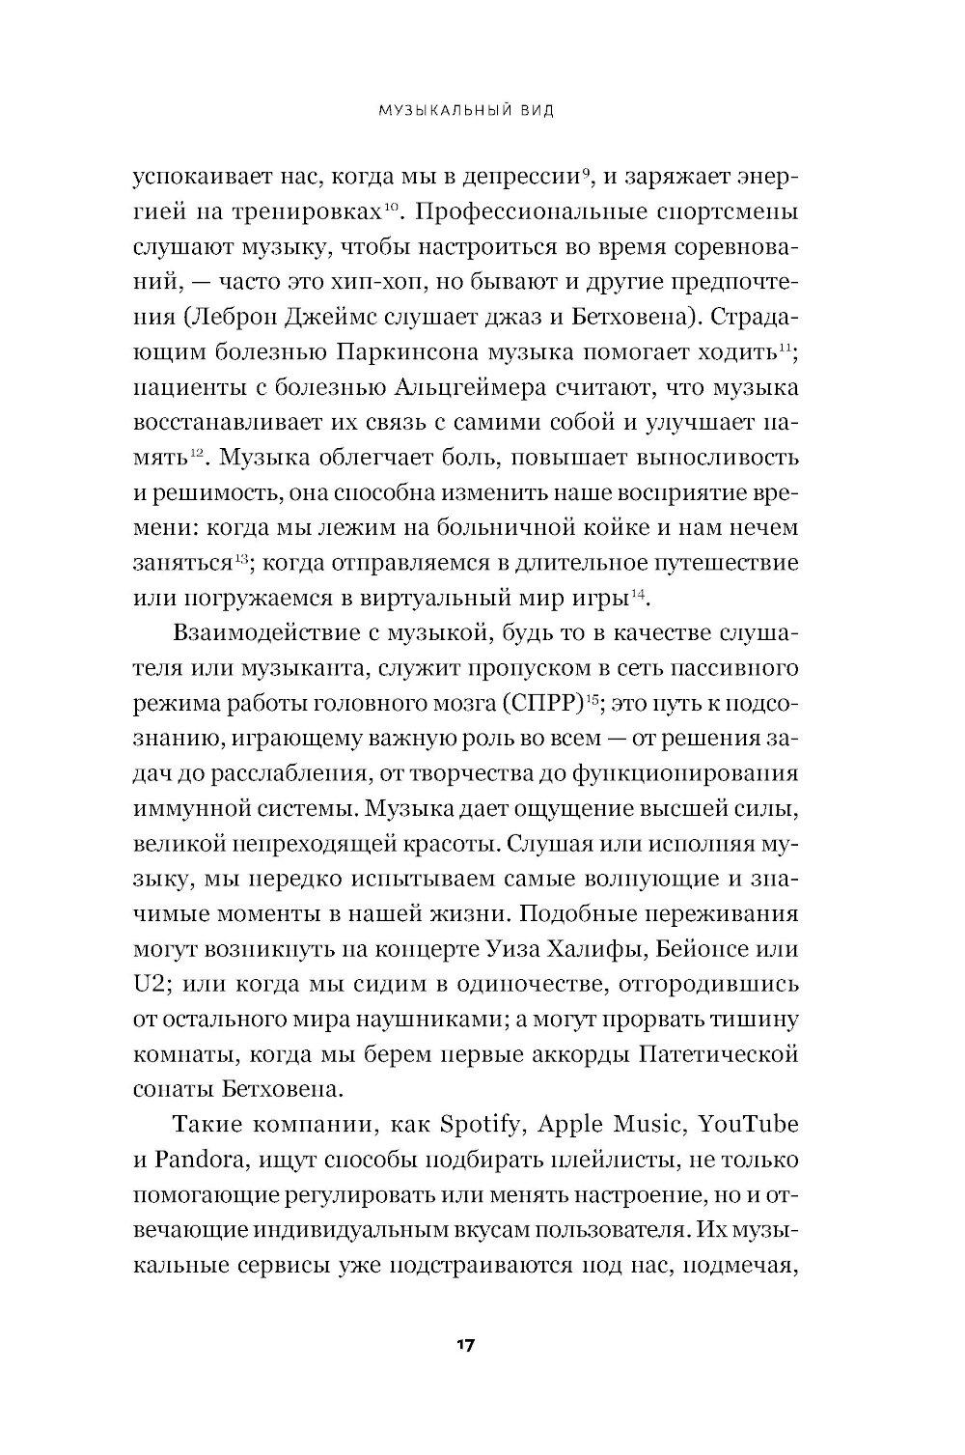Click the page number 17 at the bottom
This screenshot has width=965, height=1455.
click(x=466, y=1345)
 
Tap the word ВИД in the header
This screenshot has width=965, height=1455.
click(x=531, y=111)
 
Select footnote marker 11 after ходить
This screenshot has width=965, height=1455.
click(x=786, y=347)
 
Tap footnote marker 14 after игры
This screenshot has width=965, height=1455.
click(x=637, y=591)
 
